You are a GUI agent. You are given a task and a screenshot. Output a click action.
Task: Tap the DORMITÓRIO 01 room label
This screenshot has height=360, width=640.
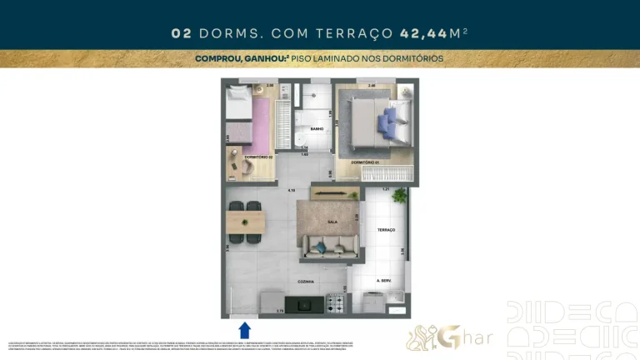pyautogui.click(x=365, y=162)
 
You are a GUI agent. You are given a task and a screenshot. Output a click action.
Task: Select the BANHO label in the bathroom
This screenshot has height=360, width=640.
pyautogui.click(x=317, y=129)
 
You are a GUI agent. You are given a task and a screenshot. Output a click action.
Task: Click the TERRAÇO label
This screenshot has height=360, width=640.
pyautogui.click(x=385, y=229)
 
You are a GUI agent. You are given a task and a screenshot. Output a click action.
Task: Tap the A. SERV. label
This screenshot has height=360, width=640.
pyautogui.click(x=384, y=281)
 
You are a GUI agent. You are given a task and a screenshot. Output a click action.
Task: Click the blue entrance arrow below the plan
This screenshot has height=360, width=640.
pyautogui.click(x=245, y=329)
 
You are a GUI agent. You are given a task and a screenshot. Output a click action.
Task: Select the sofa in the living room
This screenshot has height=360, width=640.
pyautogui.click(x=331, y=245)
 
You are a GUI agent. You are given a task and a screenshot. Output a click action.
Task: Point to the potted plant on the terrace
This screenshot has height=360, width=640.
pyautogui.click(x=400, y=197)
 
